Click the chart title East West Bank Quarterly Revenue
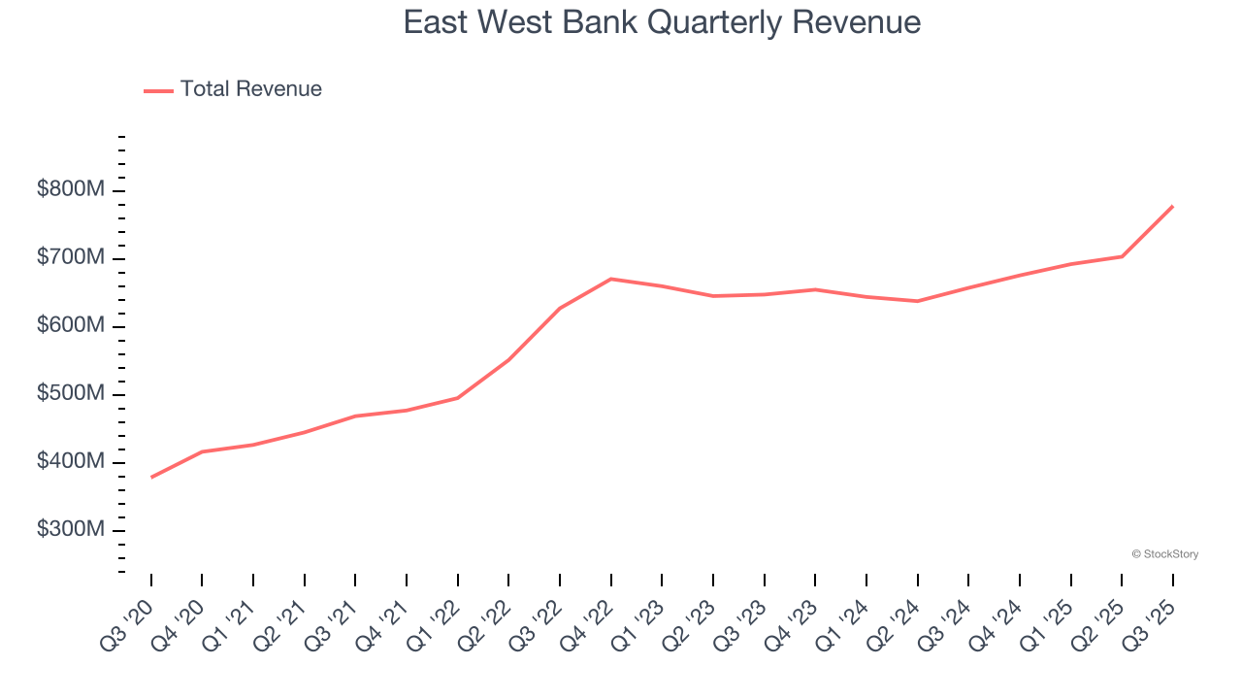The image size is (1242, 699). point(662,22)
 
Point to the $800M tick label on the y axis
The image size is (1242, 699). point(71,190)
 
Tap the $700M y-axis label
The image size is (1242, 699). point(71,258)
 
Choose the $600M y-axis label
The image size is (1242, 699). point(71,326)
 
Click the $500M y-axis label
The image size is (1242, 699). point(71,394)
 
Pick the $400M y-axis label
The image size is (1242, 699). point(71,462)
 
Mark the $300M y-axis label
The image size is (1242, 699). point(71,530)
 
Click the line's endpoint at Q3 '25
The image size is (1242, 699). point(1172,207)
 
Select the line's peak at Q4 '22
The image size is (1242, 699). point(610,279)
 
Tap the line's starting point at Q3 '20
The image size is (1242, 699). point(152,477)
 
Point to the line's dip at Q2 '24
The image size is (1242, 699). point(917,301)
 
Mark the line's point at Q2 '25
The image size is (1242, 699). point(1122,256)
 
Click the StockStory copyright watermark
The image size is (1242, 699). point(1164,554)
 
